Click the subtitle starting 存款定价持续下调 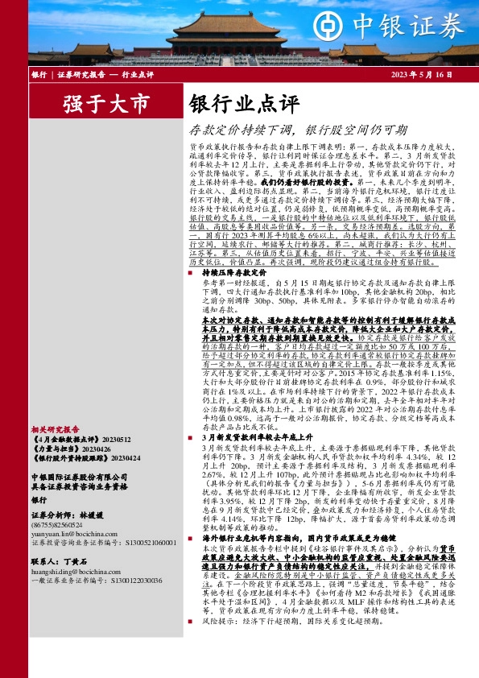pos(297,129)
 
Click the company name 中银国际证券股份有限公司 pos(78,476)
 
